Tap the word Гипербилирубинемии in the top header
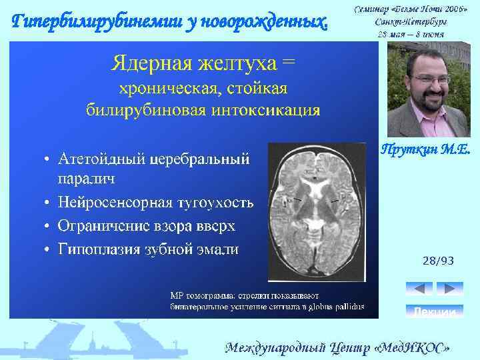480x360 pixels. tap(83, 21)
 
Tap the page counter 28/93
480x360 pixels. tap(438, 261)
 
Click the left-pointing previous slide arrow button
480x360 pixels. tap(419, 289)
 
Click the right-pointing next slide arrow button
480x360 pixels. tap(449, 289)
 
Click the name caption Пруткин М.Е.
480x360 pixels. tap(425, 151)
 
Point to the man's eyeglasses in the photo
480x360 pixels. tap(421, 79)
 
